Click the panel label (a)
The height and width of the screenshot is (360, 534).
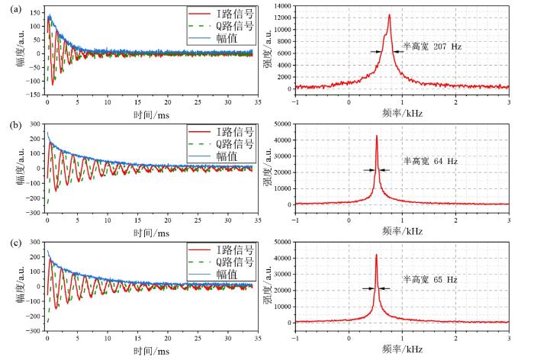(x=16, y=9)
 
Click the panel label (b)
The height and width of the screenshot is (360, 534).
(x=16, y=125)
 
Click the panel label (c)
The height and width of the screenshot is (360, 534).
(x=16, y=243)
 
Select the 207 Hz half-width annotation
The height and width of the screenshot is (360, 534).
(x=433, y=47)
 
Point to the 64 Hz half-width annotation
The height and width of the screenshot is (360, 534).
(x=430, y=161)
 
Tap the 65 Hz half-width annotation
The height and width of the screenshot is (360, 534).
(x=430, y=280)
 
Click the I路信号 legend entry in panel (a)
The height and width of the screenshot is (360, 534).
(x=221, y=14)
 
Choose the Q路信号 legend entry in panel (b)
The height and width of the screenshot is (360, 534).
(x=221, y=144)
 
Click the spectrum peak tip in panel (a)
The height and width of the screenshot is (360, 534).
(x=389, y=14)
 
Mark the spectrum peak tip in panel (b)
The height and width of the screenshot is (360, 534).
(x=377, y=136)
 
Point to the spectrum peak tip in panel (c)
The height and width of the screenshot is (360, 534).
(x=376, y=254)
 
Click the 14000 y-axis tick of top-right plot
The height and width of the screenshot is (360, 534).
(x=282, y=6)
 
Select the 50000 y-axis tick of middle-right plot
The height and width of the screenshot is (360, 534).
(x=282, y=124)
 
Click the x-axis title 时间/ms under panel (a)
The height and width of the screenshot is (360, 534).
(x=151, y=114)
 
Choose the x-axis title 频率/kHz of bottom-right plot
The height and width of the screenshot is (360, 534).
(x=402, y=349)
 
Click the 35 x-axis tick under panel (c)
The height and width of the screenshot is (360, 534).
(x=258, y=338)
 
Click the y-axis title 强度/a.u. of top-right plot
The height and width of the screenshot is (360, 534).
(x=268, y=48)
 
